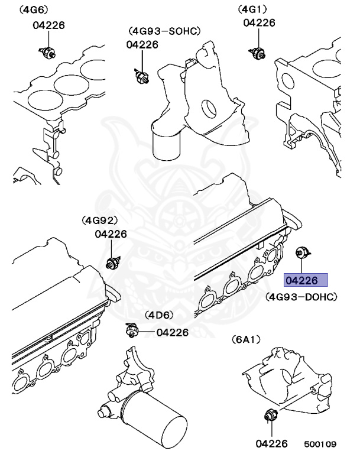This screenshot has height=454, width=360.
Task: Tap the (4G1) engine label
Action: [x=252, y=9]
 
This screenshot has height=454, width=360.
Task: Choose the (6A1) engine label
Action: [x=246, y=339]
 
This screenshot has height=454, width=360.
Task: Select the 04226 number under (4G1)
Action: [x=259, y=23]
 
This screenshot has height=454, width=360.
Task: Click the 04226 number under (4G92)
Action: [x=111, y=234]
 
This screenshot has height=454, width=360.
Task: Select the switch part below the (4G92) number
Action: [x=111, y=262]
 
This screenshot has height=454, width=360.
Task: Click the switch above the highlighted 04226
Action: [x=302, y=253]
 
